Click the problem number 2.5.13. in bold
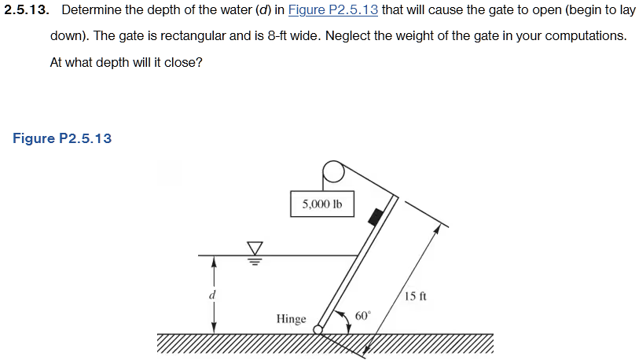pos(28,11)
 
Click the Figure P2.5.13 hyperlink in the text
pos(333,11)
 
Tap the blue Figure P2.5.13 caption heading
pos(62,138)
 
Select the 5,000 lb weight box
pos(321,204)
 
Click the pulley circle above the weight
pos(332,171)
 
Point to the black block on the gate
pos(377,215)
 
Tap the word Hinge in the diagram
pos(291,319)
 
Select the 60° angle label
pos(362,315)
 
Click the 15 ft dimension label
pos(415,296)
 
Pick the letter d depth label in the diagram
pos(211,296)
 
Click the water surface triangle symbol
pos(254,247)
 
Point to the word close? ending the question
pos(184,62)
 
